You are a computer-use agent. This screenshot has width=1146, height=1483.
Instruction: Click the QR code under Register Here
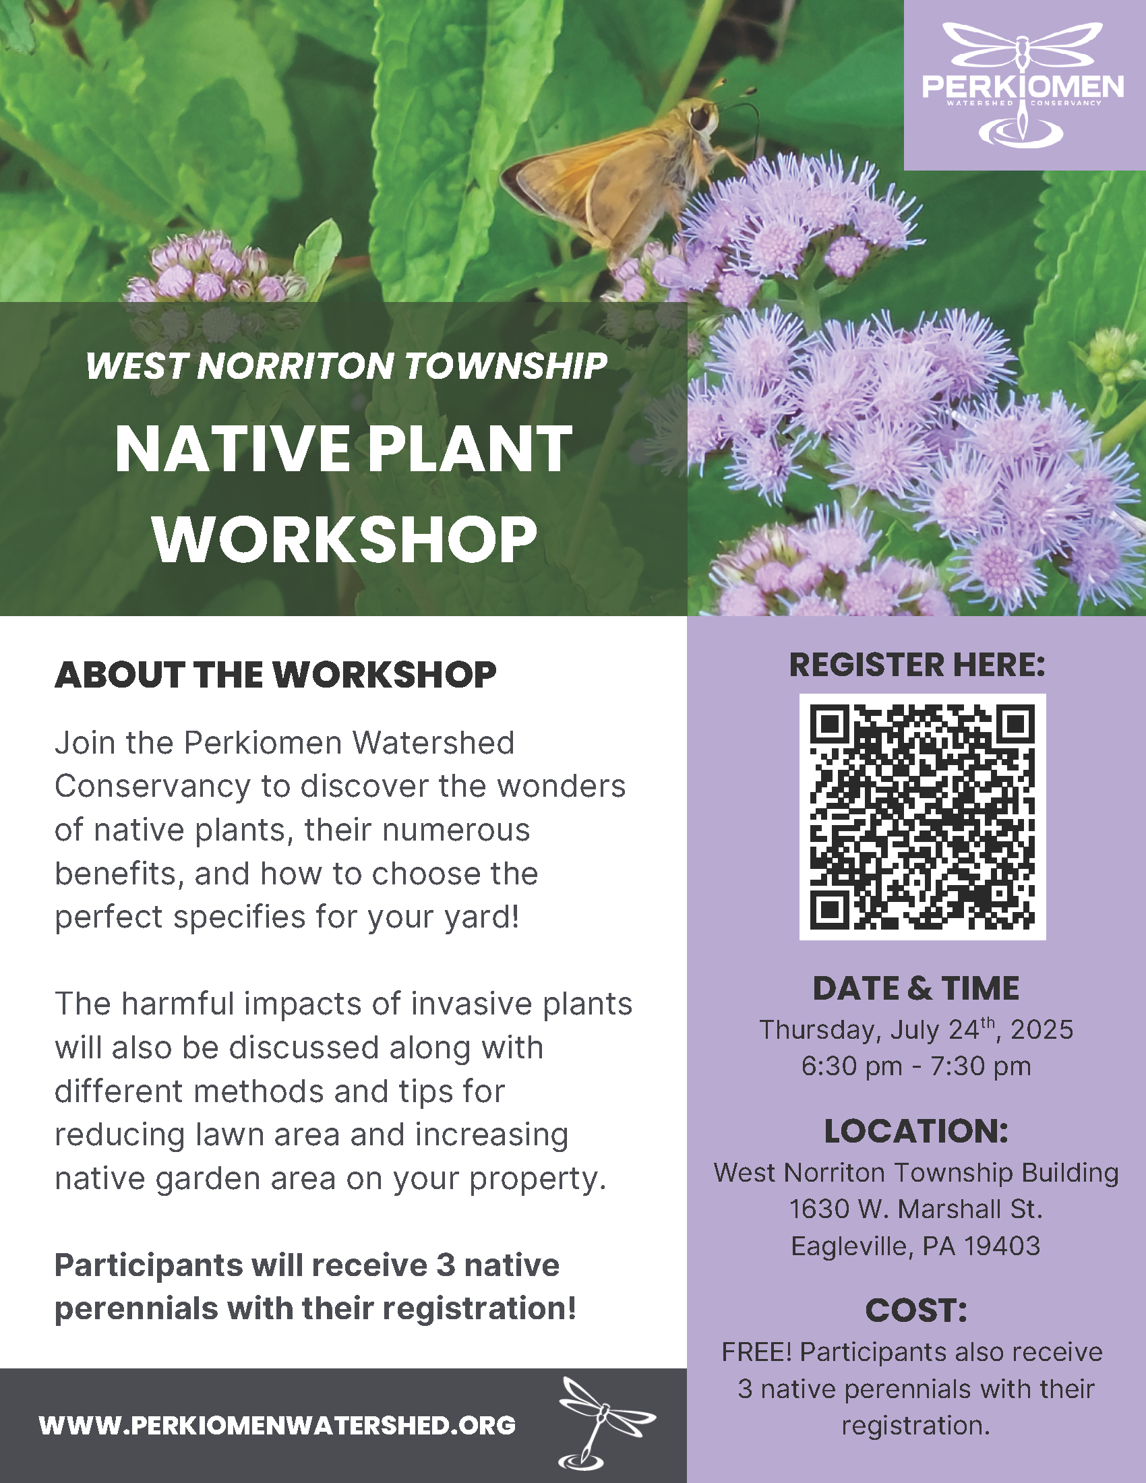922,816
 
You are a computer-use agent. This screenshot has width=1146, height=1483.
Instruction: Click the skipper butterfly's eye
700,119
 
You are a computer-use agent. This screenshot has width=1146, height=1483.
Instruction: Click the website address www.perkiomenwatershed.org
277,1425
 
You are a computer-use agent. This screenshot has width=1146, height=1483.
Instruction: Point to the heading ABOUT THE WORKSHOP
276,675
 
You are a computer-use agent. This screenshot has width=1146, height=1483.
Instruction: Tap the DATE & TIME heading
916,989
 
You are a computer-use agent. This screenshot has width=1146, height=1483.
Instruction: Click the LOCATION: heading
916,1131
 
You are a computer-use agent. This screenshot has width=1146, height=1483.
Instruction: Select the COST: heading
916,1310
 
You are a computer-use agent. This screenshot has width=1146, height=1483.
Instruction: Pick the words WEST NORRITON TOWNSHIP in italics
346,366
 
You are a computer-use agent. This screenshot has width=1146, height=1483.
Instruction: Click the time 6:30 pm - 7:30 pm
916,1066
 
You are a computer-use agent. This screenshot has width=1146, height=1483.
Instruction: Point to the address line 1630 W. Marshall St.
916,1209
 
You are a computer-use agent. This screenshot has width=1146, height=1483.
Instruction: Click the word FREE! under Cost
756,1352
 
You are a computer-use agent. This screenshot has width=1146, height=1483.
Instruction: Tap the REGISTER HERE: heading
917,665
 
